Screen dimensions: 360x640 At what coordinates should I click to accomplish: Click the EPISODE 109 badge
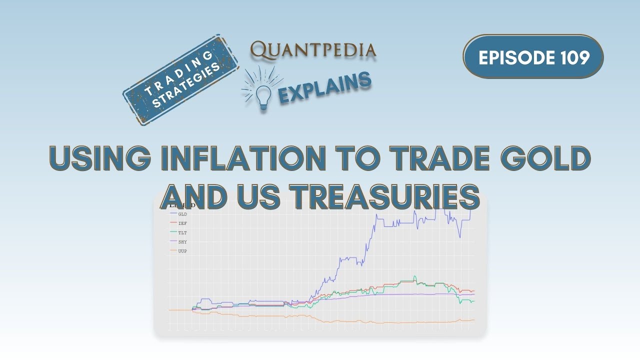click(533, 57)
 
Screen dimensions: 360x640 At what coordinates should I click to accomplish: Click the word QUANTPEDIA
click(313, 49)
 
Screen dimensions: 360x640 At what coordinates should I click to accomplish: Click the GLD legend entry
click(182, 214)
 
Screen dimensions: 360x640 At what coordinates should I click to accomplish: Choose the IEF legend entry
click(182, 223)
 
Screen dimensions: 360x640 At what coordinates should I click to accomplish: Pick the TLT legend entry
click(182, 232)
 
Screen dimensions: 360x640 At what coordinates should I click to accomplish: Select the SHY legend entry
click(182, 241)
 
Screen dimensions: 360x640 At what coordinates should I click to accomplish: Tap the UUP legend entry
click(182, 250)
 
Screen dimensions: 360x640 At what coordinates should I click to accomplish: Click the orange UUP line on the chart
click(350, 322)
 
